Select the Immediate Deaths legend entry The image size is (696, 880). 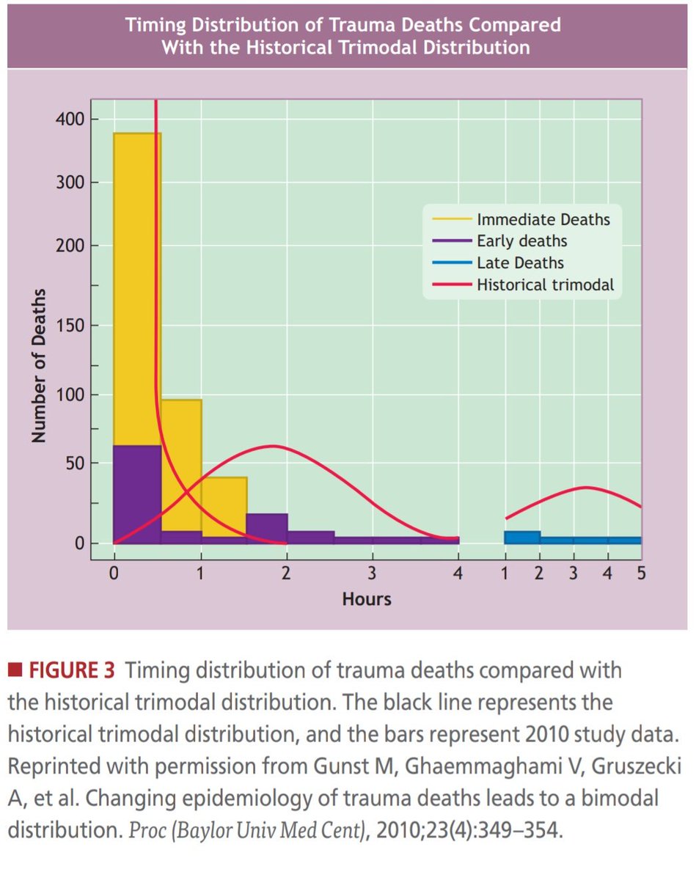click(543, 219)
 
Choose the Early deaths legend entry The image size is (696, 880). click(521, 241)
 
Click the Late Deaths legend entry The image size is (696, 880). click(520, 263)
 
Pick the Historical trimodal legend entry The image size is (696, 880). click(545, 285)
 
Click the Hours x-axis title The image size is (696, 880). click(367, 599)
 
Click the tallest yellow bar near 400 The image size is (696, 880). click(137, 286)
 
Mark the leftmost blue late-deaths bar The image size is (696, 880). click(522, 538)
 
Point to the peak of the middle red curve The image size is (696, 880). click(272, 446)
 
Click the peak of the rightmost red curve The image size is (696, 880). click(586, 488)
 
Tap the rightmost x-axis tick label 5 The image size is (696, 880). click(640, 573)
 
